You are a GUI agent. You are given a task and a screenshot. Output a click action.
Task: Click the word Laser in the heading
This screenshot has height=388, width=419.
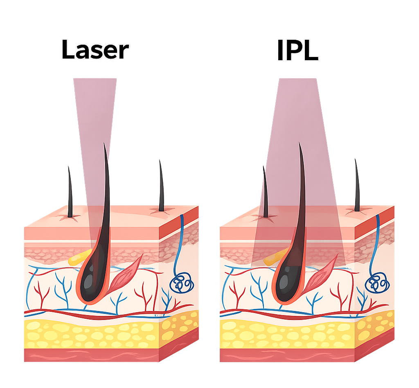click(x=95, y=50)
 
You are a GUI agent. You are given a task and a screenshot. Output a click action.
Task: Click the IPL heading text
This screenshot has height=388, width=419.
click(x=298, y=50)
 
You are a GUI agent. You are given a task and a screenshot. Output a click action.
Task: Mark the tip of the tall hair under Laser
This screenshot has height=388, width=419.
click(x=104, y=143)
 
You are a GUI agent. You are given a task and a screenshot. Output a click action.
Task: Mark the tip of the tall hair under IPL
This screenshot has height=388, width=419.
click(x=299, y=142)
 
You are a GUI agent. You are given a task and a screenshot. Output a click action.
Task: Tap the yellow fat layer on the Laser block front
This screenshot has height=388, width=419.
click(x=92, y=335)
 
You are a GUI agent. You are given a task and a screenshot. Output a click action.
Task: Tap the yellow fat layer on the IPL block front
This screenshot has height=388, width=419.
click(x=287, y=335)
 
